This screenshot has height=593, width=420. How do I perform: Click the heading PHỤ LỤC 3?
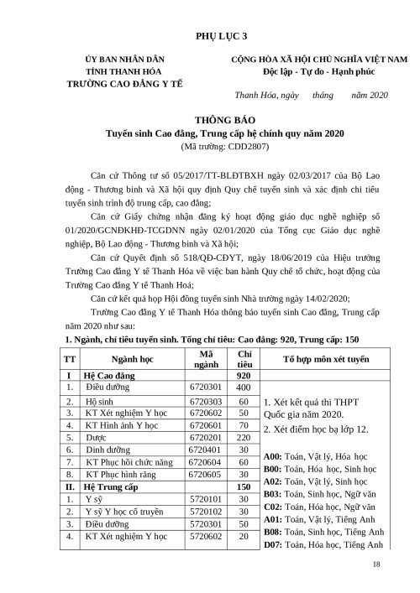(x=210, y=38)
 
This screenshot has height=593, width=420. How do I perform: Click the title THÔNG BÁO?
(x=210, y=120)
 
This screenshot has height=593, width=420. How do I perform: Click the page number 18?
(x=375, y=566)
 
